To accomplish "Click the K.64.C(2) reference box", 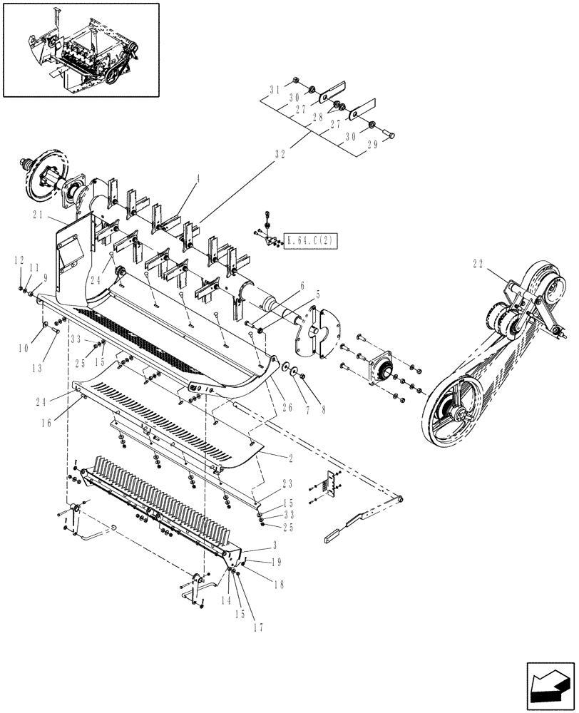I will pos(311,240).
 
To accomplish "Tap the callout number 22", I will pos(478,265).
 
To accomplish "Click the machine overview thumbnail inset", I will pos(80,49).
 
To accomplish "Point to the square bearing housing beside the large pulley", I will pos(380,369).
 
